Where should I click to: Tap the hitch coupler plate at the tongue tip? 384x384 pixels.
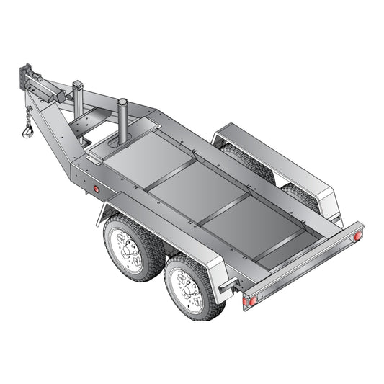coord(27,75)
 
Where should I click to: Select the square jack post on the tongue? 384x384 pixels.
coord(78,93)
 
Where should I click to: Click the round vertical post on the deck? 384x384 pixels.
coord(122,119)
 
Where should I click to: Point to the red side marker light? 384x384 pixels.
coord(97,189)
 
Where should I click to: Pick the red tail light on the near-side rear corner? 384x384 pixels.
coord(252,300)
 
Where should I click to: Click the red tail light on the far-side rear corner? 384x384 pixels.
coord(357,236)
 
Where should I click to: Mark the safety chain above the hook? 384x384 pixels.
coord(28,115)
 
